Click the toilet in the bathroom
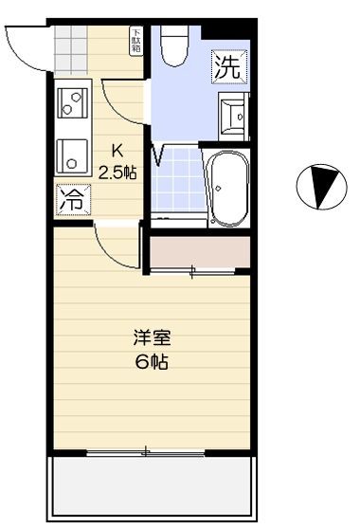click(174, 46)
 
